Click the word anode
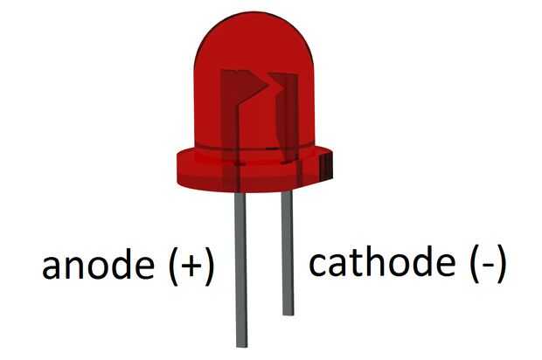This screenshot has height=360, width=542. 96,267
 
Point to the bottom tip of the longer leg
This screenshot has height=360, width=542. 241,343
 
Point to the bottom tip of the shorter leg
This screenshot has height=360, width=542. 287,312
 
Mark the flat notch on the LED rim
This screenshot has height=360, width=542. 331,166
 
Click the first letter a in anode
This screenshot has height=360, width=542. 53,269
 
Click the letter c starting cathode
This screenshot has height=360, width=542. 319,266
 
